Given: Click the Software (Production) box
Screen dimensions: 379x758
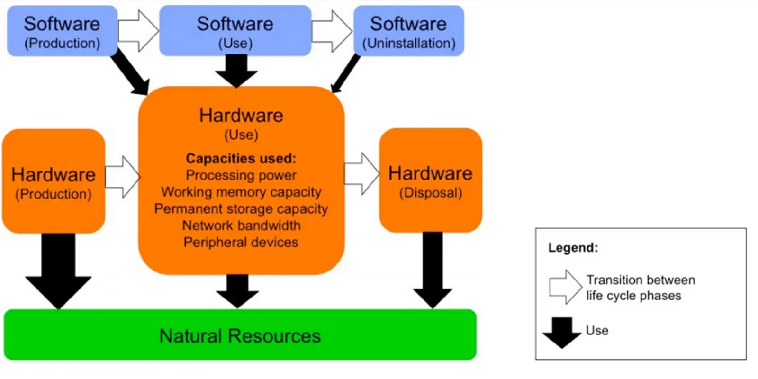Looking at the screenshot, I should tap(62, 31).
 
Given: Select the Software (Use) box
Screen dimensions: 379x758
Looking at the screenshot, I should tap(235, 31).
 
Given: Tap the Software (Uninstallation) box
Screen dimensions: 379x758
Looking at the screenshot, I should tap(408, 31).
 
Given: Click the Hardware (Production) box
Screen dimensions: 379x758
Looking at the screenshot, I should tap(54, 181).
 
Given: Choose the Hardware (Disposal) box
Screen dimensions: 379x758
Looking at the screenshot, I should tap(430, 180).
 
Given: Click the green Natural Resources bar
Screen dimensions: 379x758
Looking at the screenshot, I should tap(240, 335).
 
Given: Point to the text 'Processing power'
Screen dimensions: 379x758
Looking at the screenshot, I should tap(241, 175).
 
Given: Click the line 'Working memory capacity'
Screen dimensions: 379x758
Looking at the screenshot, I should tap(241, 192).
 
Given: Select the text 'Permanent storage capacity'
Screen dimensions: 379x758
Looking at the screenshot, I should tap(241, 209).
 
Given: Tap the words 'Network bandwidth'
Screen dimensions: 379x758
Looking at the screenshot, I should tap(241, 226).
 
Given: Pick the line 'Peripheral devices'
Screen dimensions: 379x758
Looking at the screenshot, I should tap(241, 243).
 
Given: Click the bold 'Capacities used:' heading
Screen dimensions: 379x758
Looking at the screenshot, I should tap(241, 158).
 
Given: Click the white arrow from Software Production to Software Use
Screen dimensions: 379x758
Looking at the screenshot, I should tap(138, 31).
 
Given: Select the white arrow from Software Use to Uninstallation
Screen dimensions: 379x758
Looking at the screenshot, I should tap(332, 31).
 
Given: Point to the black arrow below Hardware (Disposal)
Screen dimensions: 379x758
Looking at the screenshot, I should tap(433, 270).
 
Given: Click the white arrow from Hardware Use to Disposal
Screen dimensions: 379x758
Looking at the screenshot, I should tap(361, 174).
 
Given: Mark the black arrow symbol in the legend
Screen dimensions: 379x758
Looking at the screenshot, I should tap(562, 332).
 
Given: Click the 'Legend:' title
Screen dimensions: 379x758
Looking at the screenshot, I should tap(573, 247).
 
